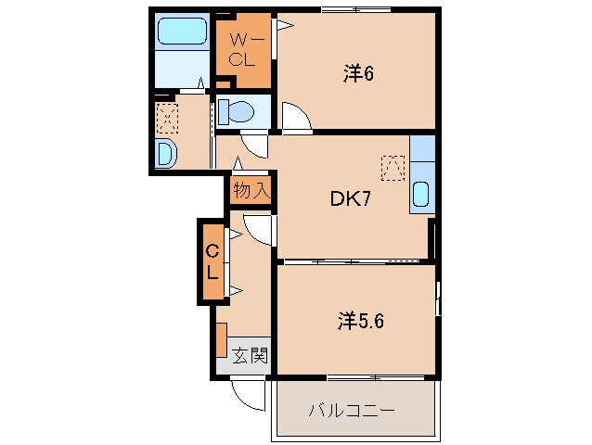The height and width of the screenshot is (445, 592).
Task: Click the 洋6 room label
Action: click(x=357, y=74)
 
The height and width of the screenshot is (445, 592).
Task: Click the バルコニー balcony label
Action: click(x=353, y=411)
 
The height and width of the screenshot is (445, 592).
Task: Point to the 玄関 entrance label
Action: click(x=250, y=354)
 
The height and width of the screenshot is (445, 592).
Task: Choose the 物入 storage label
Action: click(x=251, y=191)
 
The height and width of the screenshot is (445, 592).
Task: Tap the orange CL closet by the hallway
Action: click(x=212, y=261)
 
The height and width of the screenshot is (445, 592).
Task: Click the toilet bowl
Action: click(x=239, y=112)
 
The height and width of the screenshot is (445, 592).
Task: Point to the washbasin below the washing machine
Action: click(x=166, y=154)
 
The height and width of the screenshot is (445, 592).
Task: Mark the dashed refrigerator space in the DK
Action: click(x=393, y=166)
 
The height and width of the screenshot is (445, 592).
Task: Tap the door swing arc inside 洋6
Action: click(x=297, y=117)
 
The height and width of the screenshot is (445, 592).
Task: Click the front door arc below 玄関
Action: click(x=248, y=394)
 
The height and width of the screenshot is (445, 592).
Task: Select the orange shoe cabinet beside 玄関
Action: click(x=221, y=339)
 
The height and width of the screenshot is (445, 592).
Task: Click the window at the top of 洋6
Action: click(x=355, y=9)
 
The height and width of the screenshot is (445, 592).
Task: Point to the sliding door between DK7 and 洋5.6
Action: click(x=353, y=261)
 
